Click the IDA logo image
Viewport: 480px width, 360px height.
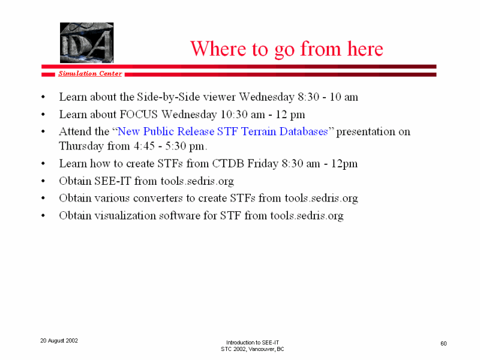click(x=86, y=43)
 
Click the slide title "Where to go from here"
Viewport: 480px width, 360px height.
click(x=287, y=49)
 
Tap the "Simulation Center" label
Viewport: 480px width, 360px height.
click(x=90, y=73)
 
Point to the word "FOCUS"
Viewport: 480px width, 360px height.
click(x=139, y=115)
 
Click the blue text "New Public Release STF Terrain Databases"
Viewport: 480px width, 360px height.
click(x=223, y=131)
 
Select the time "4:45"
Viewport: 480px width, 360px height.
click(x=144, y=146)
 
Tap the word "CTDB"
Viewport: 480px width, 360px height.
click(x=228, y=163)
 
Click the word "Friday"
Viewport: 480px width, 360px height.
click(x=263, y=164)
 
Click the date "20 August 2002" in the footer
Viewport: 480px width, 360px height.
click(x=59, y=341)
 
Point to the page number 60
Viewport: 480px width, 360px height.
click(x=443, y=344)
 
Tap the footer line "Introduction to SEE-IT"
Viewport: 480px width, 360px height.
click(x=253, y=343)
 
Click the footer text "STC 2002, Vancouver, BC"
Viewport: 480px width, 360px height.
click(x=253, y=349)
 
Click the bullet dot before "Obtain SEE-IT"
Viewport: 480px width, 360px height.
click(x=43, y=181)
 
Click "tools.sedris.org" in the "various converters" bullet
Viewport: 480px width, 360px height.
click(x=321, y=199)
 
